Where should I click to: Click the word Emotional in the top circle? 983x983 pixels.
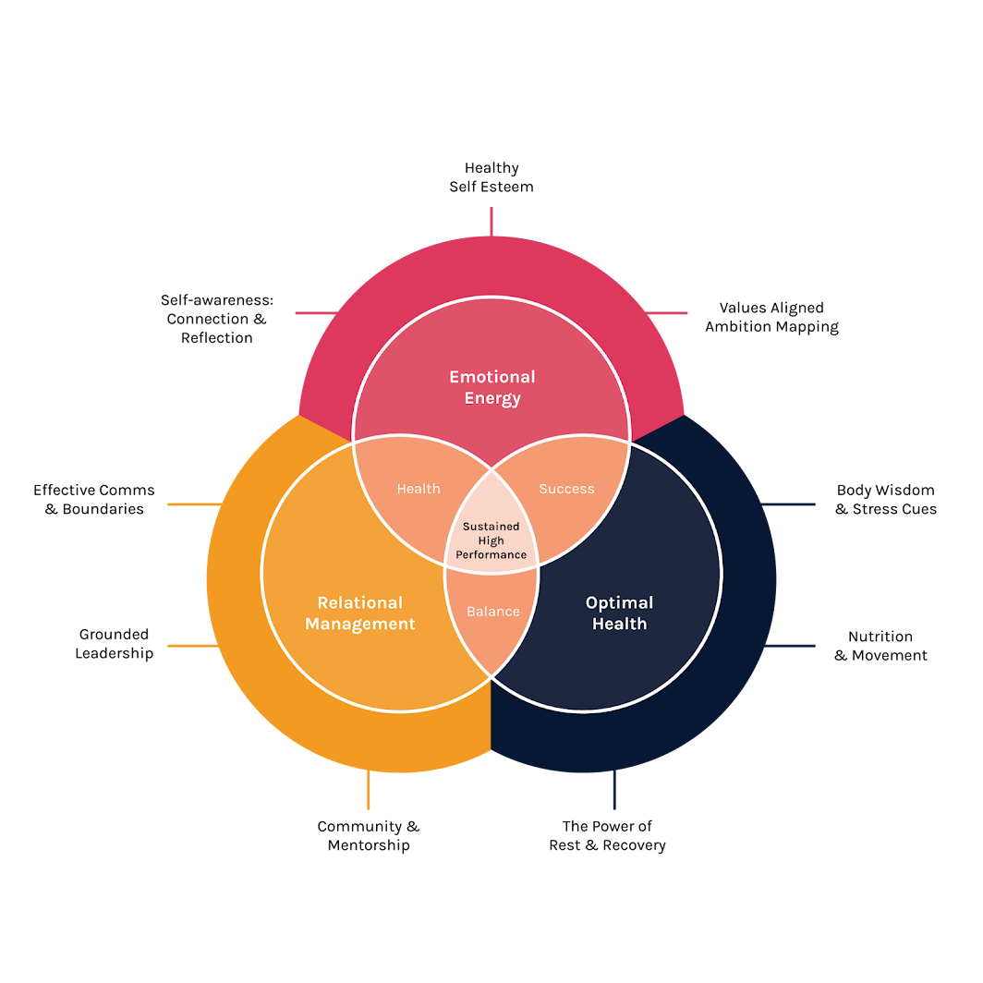click(492, 377)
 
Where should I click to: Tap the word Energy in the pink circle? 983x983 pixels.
click(492, 399)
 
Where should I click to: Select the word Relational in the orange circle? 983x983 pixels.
click(360, 602)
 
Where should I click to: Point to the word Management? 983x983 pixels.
click(360, 625)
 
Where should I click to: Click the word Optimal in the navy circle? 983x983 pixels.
click(619, 602)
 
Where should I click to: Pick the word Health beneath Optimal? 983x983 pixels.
click(619, 625)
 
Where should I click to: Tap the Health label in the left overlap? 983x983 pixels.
click(419, 489)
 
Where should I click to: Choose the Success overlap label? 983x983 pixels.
click(566, 489)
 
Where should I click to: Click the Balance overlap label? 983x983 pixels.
click(492, 612)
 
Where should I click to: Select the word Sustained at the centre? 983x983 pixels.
click(491, 527)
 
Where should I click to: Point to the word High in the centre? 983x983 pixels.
click(491, 540)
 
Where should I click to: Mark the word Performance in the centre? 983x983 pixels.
click(491, 555)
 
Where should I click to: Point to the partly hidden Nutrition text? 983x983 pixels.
click(880, 637)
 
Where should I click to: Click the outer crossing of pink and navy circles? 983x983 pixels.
click(629, 442)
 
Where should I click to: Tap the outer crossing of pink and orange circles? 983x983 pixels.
click(354, 442)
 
